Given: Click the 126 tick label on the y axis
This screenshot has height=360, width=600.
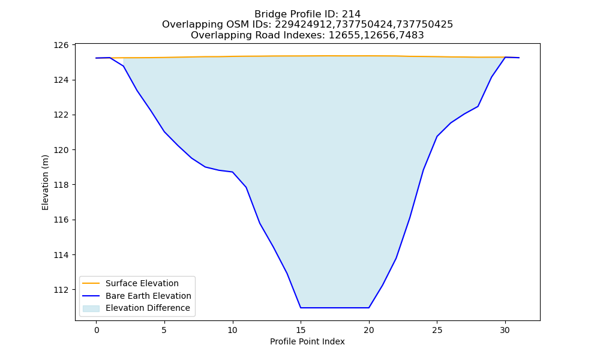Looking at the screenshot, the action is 61,45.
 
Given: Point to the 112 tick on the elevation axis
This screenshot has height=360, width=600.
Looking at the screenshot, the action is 61,290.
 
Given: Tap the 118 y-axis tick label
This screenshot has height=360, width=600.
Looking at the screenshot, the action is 61,185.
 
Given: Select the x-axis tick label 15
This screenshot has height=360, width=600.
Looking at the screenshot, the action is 301,330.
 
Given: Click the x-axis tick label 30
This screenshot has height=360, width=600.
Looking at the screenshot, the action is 505,330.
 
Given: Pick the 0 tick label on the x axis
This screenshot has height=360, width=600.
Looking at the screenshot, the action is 96,330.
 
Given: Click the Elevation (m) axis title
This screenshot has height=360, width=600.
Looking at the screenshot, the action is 45,182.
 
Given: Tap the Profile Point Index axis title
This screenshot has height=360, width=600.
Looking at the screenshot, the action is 307,341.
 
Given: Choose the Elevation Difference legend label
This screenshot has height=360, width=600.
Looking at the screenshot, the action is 148,308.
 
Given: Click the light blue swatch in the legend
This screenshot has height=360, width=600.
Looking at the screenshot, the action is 91,308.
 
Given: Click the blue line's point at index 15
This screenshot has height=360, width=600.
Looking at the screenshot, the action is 301,308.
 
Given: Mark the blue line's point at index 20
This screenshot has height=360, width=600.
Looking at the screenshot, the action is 369,308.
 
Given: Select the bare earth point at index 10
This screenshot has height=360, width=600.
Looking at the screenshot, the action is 233,172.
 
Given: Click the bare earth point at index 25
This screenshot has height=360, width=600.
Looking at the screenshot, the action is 437,137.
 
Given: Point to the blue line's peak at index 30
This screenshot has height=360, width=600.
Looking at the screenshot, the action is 505,57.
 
